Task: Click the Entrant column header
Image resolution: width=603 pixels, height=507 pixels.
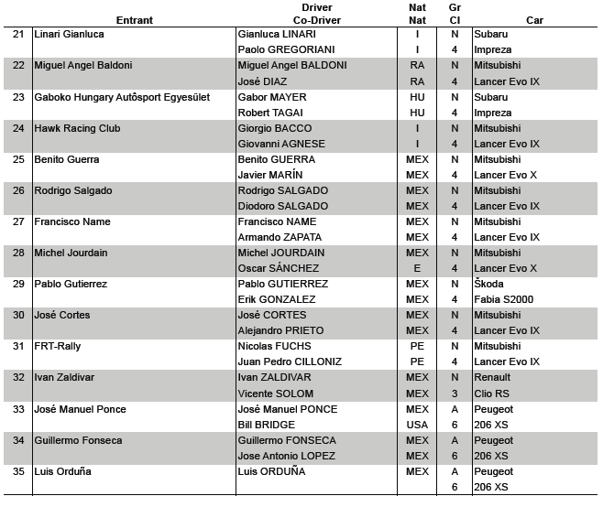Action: tap(134, 19)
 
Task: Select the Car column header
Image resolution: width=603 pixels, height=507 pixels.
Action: tap(535, 19)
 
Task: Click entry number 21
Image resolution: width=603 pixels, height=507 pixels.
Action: tap(18, 34)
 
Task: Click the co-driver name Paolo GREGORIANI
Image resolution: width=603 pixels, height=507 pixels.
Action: tap(286, 49)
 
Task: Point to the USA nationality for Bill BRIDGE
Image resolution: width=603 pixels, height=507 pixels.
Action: tap(417, 425)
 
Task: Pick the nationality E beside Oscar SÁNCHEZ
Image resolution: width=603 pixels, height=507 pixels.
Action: tap(417, 268)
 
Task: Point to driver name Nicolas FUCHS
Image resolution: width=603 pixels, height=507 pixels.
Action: tap(274, 346)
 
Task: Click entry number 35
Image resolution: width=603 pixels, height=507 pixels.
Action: tap(18, 471)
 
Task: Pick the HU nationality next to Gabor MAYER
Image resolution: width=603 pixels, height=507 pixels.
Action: tap(417, 97)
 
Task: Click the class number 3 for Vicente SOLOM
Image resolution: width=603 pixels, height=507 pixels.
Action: tap(455, 394)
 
